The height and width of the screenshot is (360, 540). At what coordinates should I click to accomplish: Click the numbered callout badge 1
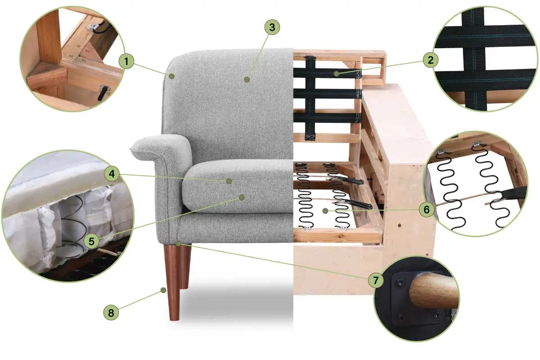pos(126,61)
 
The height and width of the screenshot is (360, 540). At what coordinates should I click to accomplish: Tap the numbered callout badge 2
pos(431,60)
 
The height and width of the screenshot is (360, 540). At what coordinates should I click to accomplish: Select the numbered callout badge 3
pos(272,27)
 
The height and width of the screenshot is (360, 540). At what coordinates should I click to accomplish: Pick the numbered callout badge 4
pos(112,174)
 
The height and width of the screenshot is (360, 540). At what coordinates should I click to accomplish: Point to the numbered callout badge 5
pos(91,241)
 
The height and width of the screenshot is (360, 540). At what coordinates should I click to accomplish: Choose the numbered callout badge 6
pos(427,210)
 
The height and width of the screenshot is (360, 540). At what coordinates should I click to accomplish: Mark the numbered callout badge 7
pos(376,280)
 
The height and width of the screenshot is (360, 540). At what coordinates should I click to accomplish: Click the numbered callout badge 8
pos(111,313)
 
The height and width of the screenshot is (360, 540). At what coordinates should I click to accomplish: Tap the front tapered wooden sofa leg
pos(172,282)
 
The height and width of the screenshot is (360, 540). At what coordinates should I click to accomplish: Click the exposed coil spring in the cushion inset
pos(72,222)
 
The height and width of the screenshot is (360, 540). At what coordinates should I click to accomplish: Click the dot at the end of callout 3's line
pos(247,79)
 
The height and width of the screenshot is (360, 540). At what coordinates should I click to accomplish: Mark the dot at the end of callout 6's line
pos(325,211)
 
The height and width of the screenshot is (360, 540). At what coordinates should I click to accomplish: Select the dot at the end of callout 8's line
pos(163,290)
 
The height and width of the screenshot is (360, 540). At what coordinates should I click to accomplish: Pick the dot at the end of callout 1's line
pos(171,76)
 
